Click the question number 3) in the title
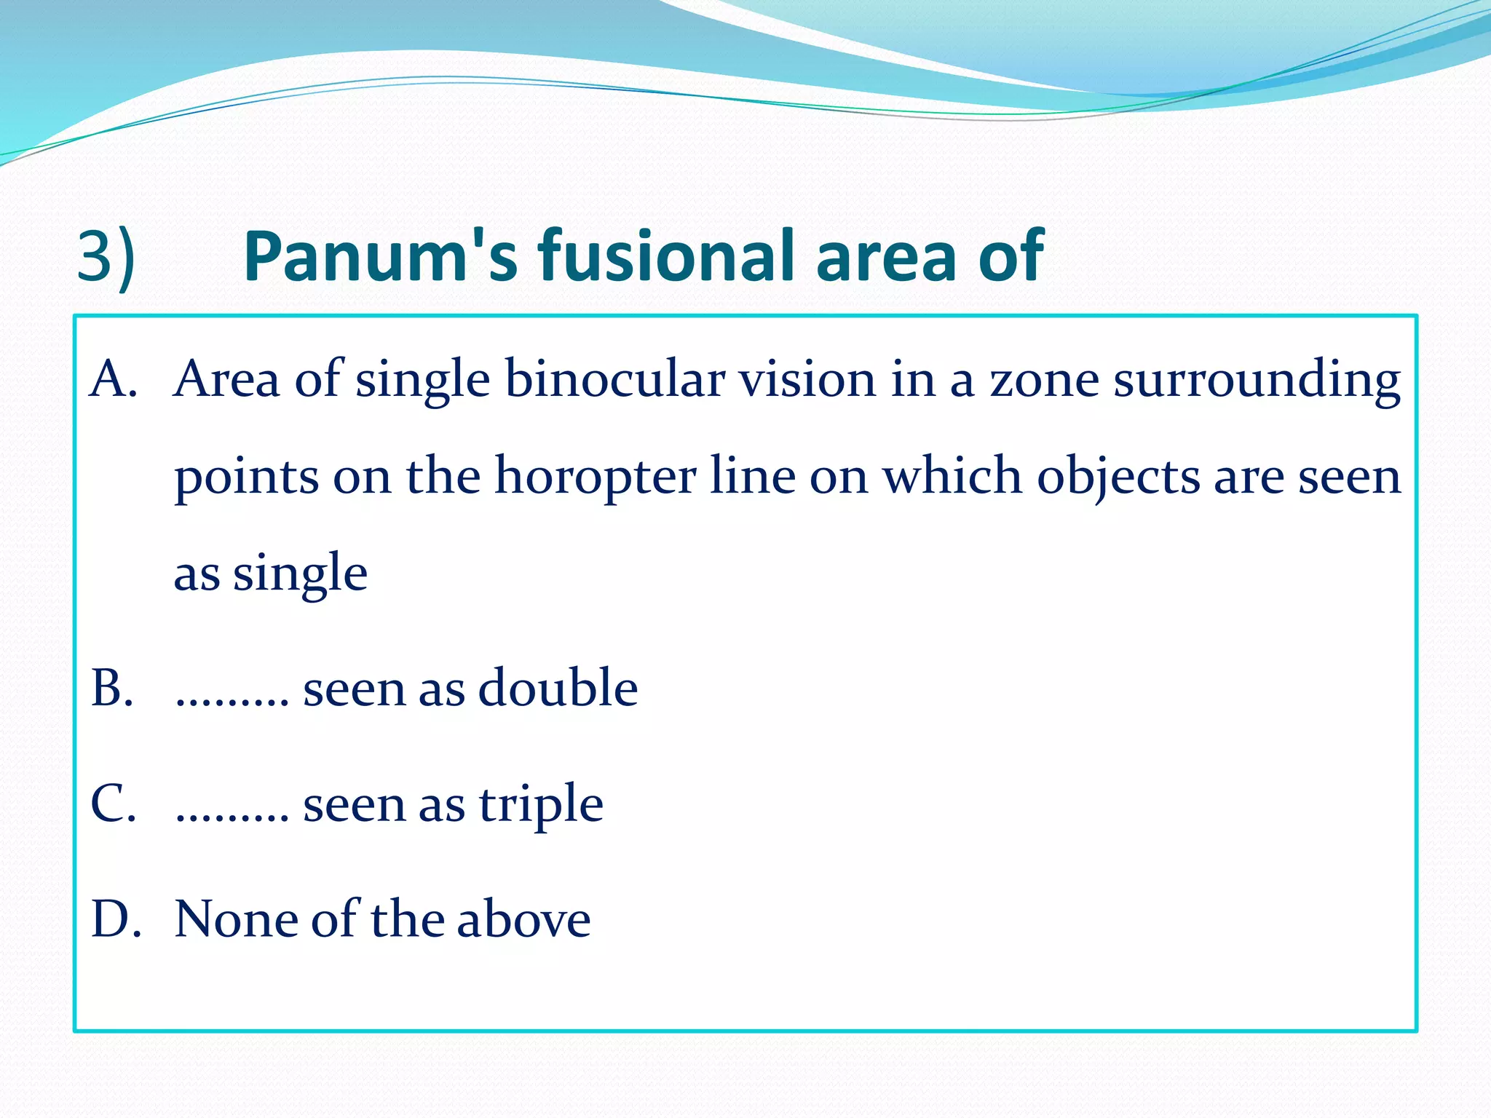[x=106, y=257]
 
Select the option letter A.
[x=113, y=379]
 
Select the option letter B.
[x=112, y=688]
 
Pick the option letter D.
[x=115, y=919]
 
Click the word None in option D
[x=235, y=919]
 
